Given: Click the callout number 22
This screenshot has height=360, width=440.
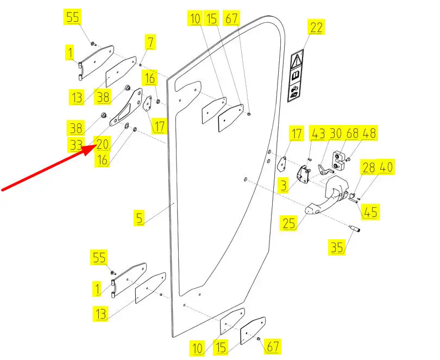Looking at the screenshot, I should (x=317, y=27).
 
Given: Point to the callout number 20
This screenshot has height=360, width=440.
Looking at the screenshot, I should (x=103, y=144).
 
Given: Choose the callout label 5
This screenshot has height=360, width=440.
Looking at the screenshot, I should (x=140, y=219).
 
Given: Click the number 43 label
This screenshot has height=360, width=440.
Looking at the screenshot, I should (x=317, y=133).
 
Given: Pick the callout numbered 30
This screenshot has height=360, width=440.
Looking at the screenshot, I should (x=335, y=133).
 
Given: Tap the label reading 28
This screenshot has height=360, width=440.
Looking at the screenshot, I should (x=369, y=167).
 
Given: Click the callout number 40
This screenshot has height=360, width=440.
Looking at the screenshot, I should (x=386, y=167).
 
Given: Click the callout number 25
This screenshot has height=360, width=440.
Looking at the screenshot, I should (x=288, y=223).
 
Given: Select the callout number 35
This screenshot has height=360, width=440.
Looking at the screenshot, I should (x=337, y=247).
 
